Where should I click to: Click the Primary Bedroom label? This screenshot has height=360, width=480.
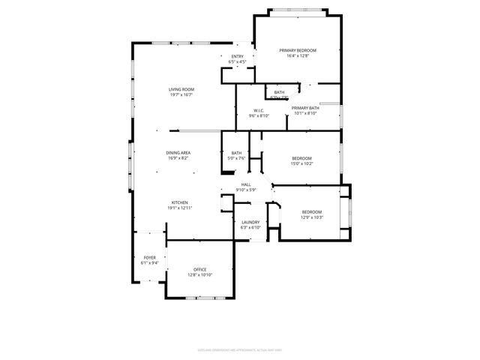pyautogui.click(x=298, y=50)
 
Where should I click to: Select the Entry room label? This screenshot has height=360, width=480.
pyautogui.click(x=237, y=56)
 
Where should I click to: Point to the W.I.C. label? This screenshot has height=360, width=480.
pyautogui.click(x=259, y=110)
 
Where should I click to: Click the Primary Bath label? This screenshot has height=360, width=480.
pyautogui.click(x=305, y=108)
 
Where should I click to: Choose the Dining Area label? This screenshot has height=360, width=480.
pyautogui.click(x=178, y=152)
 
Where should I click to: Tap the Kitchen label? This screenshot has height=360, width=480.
pyautogui.click(x=178, y=202)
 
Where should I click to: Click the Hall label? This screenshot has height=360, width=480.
pyautogui.click(x=245, y=184)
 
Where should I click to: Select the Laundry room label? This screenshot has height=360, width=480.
pyautogui.click(x=250, y=222)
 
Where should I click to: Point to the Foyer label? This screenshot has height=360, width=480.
pyautogui.click(x=150, y=257)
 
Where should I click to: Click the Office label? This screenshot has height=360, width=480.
pyautogui.click(x=199, y=269)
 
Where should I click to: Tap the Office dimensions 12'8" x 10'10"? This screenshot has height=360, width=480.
pyautogui.click(x=199, y=275)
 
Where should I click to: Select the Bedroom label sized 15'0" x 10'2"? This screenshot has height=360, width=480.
pyautogui.click(x=301, y=157)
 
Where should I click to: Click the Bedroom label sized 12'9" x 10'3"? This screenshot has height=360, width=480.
pyautogui.click(x=312, y=211)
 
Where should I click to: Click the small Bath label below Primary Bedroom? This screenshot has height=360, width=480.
pyautogui.click(x=279, y=92)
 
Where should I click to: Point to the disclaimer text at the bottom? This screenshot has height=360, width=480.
pyautogui.click(x=239, y=349)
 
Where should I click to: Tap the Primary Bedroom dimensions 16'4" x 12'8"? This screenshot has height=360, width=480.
pyautogui.click(x=298, y=56)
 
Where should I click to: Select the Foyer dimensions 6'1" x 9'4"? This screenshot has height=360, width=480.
pyautogui.click(x=150, y=263)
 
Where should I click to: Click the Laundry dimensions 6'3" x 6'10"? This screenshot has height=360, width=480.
pyautogui.click(x=250, y=227)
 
